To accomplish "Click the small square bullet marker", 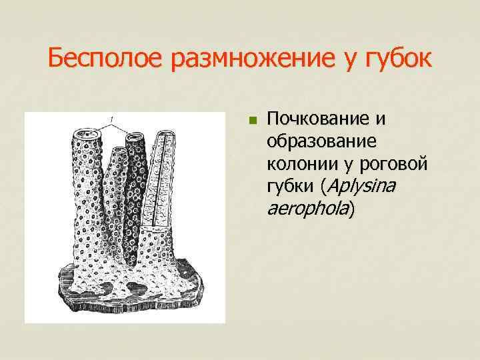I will click(x=252, y=121).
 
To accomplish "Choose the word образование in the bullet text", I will click(x=321, y=143).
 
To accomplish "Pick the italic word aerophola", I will click(x=307, y=210).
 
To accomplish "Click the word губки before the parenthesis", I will click(x=290, y=187).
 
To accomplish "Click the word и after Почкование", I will click(x=378, y=120).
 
